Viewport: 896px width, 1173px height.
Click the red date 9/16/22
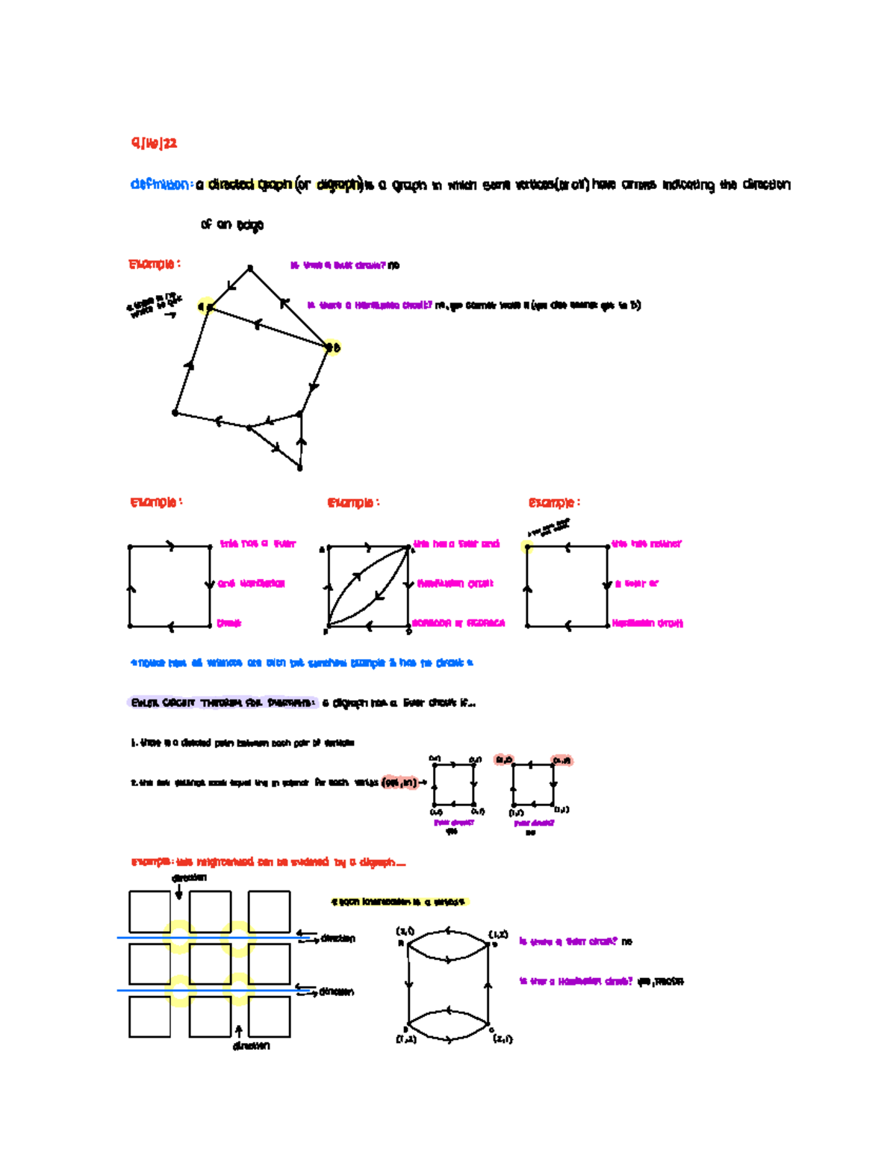[154, 143]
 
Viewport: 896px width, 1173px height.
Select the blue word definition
[160, 185]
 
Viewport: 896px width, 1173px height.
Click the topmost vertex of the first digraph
[250, 267]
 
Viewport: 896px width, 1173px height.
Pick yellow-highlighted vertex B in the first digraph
[332, 347]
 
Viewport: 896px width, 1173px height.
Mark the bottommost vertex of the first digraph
[299, 468]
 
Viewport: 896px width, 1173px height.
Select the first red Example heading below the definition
[154, 264]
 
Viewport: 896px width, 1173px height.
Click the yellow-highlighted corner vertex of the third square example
[527, 547]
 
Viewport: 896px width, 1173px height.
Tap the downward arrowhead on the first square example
[210, 584]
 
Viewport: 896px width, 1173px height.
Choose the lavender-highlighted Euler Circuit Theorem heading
[222, 703]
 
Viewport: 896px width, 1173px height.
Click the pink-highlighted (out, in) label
[399, 783]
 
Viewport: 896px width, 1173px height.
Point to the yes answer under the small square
[451, 832]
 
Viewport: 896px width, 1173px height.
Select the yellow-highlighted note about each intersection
[399, 903]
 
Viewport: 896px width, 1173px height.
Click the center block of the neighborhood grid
[209, 964]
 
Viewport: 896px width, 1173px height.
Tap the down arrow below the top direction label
[178, 893]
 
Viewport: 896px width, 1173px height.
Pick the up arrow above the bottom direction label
[239, 1031]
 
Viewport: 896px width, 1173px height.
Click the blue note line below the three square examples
[302, 663]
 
